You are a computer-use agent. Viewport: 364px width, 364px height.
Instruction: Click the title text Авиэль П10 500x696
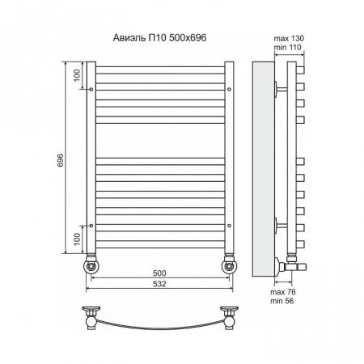159,38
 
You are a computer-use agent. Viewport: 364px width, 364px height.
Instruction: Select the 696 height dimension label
61,160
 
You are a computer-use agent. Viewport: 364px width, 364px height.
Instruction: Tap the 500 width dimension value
159,273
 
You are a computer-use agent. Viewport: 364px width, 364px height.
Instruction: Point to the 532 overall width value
159,284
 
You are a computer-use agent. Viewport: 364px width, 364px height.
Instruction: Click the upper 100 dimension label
77,75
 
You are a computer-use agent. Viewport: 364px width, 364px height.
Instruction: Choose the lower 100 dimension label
77,239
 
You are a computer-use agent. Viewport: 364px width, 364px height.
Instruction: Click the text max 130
289,39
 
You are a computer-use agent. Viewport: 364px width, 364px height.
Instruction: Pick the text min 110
287,48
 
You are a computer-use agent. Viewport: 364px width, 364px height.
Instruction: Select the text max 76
283,292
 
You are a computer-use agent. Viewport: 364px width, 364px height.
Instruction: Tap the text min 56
282,301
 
